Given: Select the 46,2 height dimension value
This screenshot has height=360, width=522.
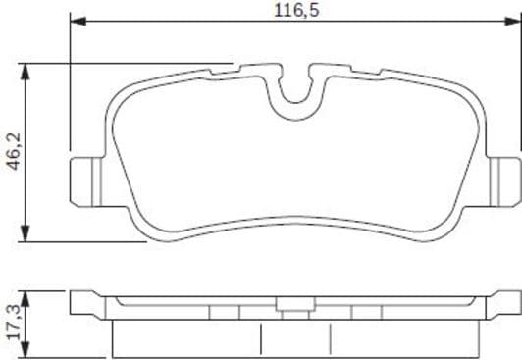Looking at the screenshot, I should point(13,151).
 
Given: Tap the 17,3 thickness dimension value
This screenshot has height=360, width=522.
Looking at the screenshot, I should point(13,322).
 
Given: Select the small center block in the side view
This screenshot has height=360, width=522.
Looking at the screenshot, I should point(291,313).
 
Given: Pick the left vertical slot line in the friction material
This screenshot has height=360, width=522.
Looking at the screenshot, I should point(261,339).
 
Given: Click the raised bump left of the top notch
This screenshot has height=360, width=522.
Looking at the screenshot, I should point(250,66).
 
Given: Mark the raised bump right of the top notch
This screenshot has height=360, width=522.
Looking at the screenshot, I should point(334,66).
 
